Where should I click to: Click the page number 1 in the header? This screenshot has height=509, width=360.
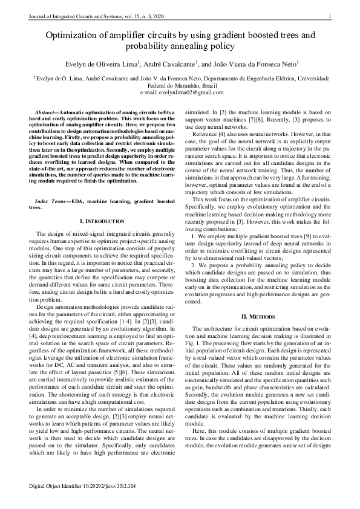[x=330, y=16]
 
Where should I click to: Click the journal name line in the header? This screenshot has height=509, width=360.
[x=88, y=16]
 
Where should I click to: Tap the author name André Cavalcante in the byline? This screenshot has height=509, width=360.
[x=168, y=63]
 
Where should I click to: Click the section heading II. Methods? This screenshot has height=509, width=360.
[x=259, y=316]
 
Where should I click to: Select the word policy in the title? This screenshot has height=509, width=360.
[x=220, y=47]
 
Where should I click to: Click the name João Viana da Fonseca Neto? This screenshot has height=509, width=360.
[x=255, y=63]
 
